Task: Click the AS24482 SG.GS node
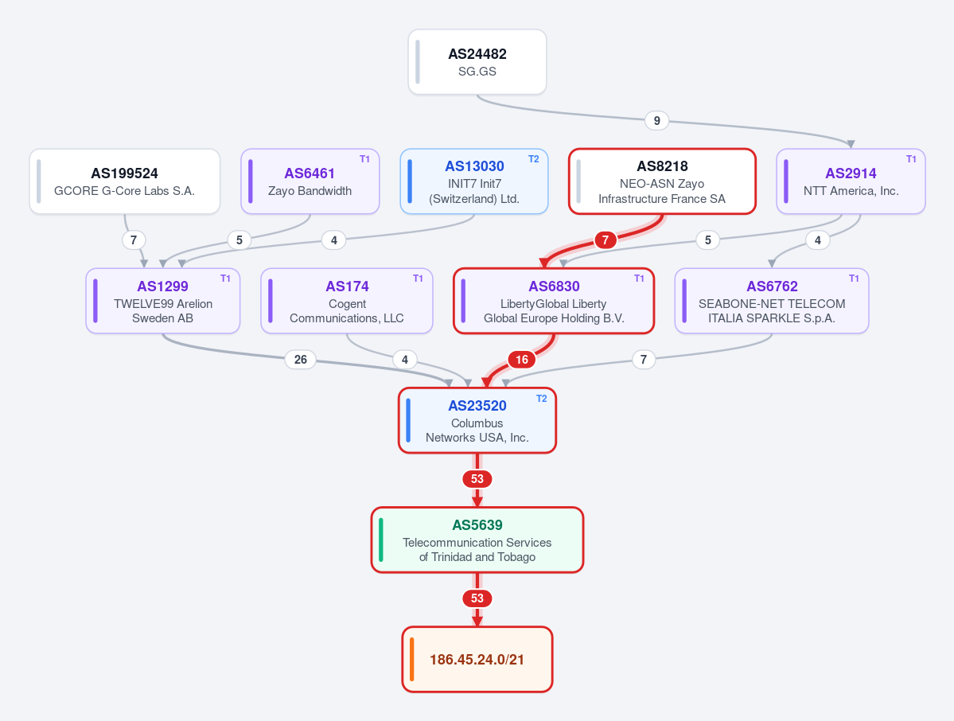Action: coord(477,62)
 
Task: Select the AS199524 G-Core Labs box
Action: coord(125,181)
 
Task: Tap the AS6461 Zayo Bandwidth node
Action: coord(310,181)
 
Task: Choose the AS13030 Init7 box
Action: coord(474,181)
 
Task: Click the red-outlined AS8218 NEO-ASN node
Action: coord(662,181)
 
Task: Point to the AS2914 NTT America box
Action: coord(851,181)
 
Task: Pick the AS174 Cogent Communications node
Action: coord(347,301)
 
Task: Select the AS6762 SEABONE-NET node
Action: coord(772,301)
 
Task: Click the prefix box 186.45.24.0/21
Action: coord(477,660)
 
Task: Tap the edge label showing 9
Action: coord(656,120)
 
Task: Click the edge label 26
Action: coord(301,360)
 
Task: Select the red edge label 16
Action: coord(522,360)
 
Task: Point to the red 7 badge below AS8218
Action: coord(605,240)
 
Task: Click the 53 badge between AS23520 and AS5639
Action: coord(477,479)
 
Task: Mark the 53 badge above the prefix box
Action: coord(477,598)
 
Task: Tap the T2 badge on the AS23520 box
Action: coord(542,399)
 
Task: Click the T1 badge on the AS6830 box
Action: coord(639,278)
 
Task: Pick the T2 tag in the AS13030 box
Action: coord(534,159)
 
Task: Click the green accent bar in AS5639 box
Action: coord(381,540)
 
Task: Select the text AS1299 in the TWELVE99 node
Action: coord(162,286)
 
